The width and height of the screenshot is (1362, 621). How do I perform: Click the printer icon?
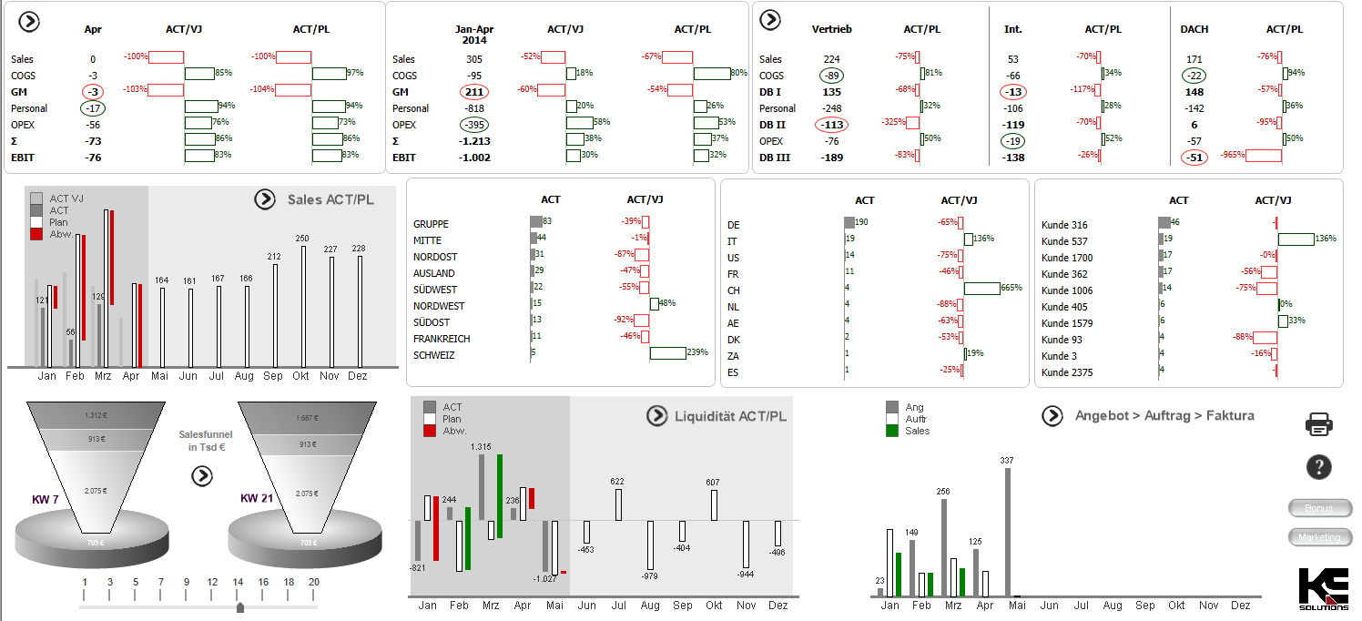(x=1319, y=423)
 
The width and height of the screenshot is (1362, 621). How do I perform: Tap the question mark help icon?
(x=1318, y=467)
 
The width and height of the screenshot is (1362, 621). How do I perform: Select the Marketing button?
(x=1319, y=537)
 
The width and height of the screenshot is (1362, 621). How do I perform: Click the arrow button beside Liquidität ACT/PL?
(x=656, y=416)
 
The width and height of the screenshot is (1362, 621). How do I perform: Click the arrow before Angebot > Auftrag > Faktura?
(x=1052, y=416)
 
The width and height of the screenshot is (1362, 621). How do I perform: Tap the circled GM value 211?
(x=474, y=92)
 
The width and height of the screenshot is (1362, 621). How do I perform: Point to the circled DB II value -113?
(x=831, y=125)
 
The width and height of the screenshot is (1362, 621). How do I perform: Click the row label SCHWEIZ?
(x=433, y=355)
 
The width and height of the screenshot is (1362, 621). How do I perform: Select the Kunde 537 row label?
(x=1064, y=241)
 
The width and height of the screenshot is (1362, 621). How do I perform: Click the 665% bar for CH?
(x=981, y=289)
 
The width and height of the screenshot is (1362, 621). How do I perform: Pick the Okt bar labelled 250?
(x=302, y=305)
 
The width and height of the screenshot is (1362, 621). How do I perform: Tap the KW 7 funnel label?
(x=46, y=499)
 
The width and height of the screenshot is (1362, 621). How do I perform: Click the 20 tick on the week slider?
(x=313, y=583)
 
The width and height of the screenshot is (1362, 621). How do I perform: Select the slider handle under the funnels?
(x=239, y=606)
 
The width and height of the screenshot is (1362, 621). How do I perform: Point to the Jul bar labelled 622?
(x=618, y=505)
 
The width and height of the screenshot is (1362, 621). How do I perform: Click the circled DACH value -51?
(x=1194, y=158)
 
